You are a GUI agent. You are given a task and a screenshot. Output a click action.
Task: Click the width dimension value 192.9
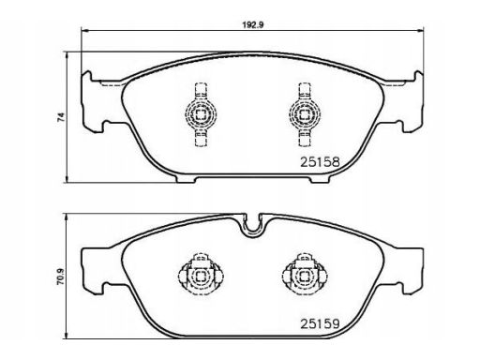point(253,25)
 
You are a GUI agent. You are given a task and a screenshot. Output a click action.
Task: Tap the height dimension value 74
point(61,117)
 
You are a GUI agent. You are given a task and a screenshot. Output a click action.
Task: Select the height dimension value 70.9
point(61,277)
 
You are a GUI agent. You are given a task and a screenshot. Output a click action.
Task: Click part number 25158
point(320,162)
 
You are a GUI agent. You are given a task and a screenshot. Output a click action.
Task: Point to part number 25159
point(320,323)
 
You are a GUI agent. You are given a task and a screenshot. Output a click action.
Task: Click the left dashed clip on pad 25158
point(201,114)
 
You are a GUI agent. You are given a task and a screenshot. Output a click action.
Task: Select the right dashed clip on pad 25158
point(305,114)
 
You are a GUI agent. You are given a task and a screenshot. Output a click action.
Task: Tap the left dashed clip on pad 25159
point(201,275)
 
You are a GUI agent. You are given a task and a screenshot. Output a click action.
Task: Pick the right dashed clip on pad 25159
point(305,275)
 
